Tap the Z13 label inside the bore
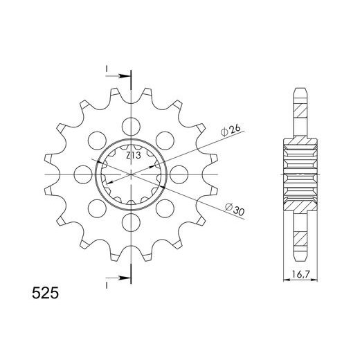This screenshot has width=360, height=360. tap(134, 156)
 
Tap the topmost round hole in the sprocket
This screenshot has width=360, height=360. tap(129, 125)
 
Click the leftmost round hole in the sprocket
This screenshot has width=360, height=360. tap(82, 173)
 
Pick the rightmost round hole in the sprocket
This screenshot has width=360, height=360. tap(177, 173)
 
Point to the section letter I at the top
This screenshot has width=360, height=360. tap(107, 69)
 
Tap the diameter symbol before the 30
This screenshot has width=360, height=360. tap(227, 210)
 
